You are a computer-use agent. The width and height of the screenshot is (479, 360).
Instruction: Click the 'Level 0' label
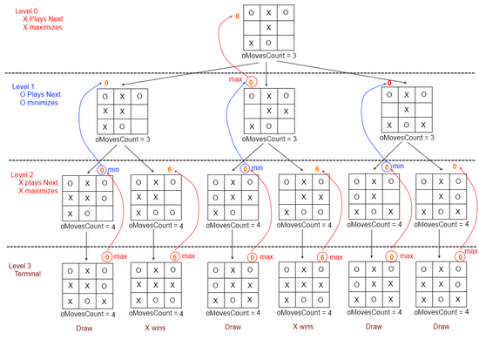click(x=27, y=11)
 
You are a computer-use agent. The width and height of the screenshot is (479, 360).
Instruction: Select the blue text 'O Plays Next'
click(x=40, y=94)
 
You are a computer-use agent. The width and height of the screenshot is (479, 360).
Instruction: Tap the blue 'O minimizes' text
click(x=39, y=103)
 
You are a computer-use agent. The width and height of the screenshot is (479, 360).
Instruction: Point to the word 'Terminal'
click(x=28, y=274)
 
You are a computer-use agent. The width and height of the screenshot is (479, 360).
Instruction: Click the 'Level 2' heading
click(x=22, y=174)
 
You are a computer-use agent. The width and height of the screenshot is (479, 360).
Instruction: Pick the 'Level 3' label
click(x=20, y=266)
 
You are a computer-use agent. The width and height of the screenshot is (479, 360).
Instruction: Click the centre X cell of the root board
click(x=268, y=28)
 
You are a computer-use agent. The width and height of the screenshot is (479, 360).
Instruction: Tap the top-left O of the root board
click(x=252, y=12)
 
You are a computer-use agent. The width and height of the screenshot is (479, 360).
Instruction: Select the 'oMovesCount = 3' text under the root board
click(x=269, y=56)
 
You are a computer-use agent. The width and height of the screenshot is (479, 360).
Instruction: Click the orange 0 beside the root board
click(x=238, y=17)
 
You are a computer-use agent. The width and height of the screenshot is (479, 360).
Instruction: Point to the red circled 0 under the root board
click(x=251, y=82)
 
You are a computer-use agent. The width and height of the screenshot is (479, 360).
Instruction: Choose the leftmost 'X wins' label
click(x=155, y=328)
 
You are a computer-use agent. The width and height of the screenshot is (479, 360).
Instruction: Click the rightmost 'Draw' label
click(x=442, y=327)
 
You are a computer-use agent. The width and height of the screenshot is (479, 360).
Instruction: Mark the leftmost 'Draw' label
click(x=84, y=329)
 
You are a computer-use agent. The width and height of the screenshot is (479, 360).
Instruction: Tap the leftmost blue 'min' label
click(x=113, y=170)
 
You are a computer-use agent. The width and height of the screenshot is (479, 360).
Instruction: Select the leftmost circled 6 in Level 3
click(x=175, y=256)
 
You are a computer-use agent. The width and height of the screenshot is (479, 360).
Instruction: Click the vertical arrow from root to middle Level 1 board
click(x=266, y=74)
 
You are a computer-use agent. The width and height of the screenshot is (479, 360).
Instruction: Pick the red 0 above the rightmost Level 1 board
click(x=389, y=83)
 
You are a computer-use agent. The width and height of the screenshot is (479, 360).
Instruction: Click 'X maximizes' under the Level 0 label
click(x=43, y=27)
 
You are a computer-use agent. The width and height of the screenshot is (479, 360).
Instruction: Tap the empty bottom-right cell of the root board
click(x=286, y=43)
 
